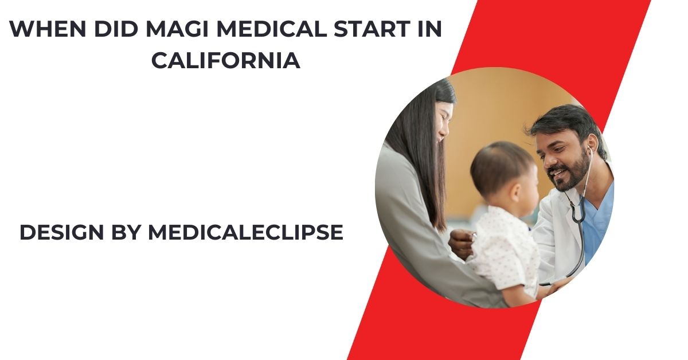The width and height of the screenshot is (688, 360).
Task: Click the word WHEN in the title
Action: [x=48, y=29]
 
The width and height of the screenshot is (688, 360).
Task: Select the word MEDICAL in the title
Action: [x=272, y=29]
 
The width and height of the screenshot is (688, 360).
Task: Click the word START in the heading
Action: [x=372, y=29]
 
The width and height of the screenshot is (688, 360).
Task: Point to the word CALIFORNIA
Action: [x=226, y=61]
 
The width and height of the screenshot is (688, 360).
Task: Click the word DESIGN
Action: [x=62, y=232]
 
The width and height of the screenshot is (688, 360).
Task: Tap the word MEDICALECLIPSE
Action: [x=245, y=232]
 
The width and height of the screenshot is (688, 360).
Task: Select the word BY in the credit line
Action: [x=126, y=232]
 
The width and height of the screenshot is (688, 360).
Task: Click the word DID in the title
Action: [x=116, y=29]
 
